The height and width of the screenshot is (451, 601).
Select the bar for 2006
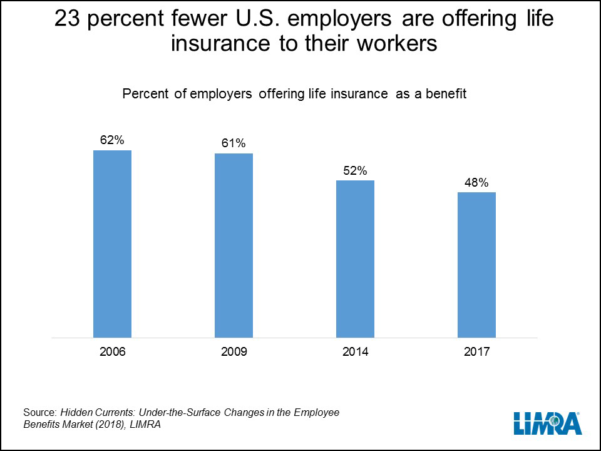[x=112, y=244]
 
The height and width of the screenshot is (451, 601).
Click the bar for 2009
[x=234, y=246]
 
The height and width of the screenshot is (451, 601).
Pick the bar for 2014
[x=355, y=259]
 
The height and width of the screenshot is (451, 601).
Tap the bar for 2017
[x=476, y=265]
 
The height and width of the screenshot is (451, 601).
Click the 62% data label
[x=112, y=140]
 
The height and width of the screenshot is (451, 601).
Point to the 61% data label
[x=234, y=143]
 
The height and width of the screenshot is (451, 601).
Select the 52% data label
[x=355, y=170]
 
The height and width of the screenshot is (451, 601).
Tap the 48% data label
[x=476, y=182]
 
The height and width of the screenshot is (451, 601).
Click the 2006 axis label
[x=112, y=352]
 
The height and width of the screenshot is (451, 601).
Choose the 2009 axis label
[x=234, y=352]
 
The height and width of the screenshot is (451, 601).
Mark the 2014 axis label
[x=355, y=352]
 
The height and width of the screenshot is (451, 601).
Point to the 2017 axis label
[x=476, y=352]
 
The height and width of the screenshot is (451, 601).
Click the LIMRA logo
[x=548, y=423]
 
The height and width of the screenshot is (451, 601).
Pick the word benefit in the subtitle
[x=446, y=94]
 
